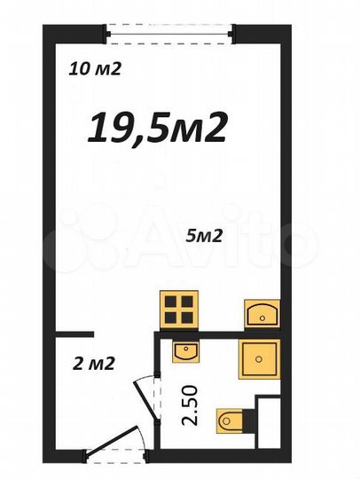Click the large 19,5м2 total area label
[x=158, y=129]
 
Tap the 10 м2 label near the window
[x=96, y=70]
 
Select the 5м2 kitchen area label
[x=204, y=236]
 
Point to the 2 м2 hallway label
[x=92, y=362]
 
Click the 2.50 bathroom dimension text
[x=189, y=406]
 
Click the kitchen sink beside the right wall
[x=262, y=313]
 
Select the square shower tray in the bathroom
[x=260, y=357]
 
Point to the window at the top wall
[x=169, y=34]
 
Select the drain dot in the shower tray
[x=260, y=358]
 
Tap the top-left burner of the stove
[x=171, y=299]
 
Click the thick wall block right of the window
[x=257, y=35]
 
